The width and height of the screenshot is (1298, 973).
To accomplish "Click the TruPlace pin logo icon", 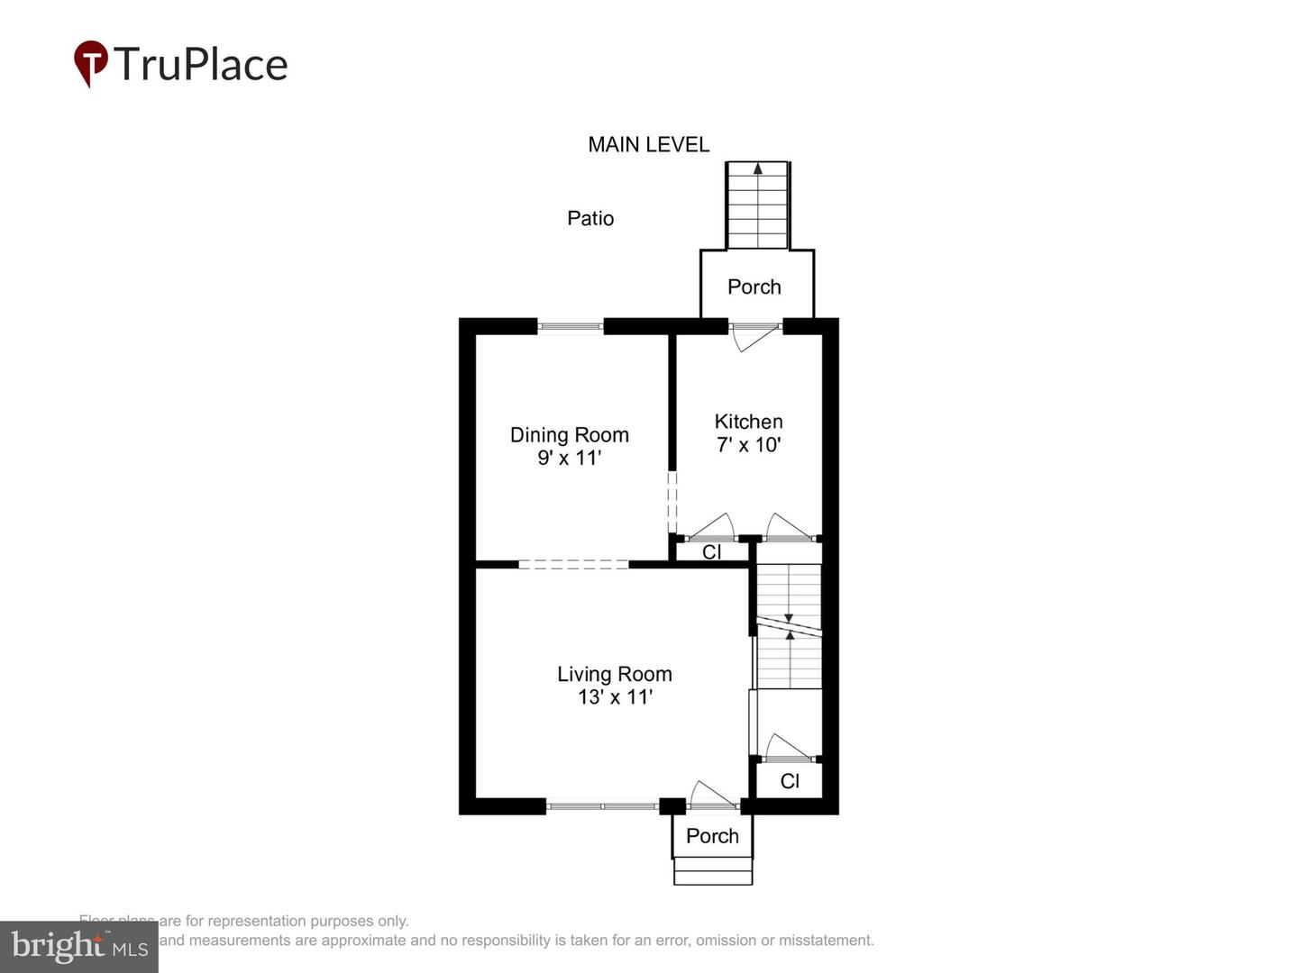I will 90,64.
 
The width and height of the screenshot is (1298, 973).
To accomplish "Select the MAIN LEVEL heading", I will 648,144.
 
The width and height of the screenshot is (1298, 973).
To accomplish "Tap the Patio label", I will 590,218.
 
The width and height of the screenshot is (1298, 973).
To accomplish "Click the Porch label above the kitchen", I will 754,286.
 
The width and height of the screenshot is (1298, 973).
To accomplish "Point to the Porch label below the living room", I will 712,836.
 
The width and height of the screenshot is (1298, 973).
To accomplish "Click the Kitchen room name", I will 748,422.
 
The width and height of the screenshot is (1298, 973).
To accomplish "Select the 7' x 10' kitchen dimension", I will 748,445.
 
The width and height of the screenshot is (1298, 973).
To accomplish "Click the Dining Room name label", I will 569,435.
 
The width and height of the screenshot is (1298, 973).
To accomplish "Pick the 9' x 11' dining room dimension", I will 569,458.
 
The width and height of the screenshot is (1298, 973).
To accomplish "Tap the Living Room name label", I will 614,674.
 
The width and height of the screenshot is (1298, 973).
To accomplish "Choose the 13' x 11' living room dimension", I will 614,697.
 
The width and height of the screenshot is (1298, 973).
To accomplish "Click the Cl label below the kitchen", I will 711,552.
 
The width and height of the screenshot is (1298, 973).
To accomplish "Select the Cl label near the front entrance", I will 790,781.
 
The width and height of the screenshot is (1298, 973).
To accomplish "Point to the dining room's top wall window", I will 570,326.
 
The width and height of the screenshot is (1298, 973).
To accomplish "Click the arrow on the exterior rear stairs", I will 758,168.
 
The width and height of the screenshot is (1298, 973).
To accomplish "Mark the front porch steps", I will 713,871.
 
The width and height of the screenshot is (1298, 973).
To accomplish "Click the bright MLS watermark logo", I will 78,946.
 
